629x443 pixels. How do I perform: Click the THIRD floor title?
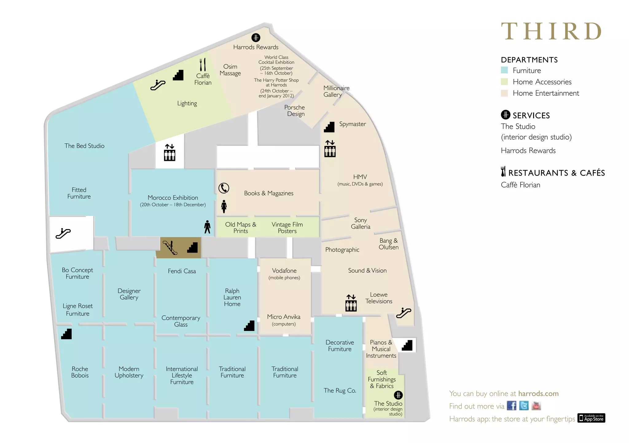pos(551,31)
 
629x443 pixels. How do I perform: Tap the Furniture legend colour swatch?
pos(504,70)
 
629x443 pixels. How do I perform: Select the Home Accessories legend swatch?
pos(504,82)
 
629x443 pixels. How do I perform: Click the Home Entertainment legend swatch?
pos(504,93)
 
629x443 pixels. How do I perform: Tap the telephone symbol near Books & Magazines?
pos(224,188)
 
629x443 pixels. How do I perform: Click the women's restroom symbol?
pos(224,206)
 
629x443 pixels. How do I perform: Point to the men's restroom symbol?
pos(207,227)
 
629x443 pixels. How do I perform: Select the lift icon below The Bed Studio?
pos(170,153)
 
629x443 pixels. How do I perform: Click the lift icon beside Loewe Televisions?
pos(351,303)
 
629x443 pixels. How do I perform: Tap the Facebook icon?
pos(511,406)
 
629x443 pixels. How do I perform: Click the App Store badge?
pos(591,418)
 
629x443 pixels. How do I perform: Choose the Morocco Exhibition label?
pos(173,198)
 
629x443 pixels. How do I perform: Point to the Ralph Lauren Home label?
pos(232,297)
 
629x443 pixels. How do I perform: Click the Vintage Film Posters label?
pos(287,228)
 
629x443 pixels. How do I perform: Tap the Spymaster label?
pos(352,124)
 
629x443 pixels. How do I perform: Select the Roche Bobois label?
pos(80,372)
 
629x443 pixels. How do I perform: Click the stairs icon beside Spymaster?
pos(329,127)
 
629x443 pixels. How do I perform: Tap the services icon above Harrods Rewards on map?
pos(256,38)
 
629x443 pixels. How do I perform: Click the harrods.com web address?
pos(538,394)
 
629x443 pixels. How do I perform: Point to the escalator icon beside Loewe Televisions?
pos(403,313)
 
